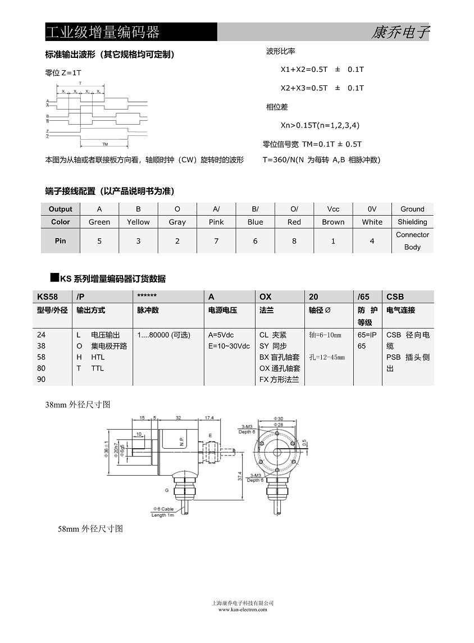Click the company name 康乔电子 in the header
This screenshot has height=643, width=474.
(400, 33)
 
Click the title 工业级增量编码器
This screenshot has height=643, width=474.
(102, 32)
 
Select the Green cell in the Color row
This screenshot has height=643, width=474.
(99, 222)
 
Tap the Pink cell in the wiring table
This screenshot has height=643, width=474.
(216, 222)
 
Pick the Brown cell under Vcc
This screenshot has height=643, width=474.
(333, 222)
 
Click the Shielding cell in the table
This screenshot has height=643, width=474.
(412, 222)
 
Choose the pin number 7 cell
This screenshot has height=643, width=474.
(216, 241)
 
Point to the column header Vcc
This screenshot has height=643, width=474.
(333, 209)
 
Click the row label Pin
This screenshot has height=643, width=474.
(61, 241)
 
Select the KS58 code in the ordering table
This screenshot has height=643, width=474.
(48, 297)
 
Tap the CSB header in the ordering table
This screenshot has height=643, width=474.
(395, 297)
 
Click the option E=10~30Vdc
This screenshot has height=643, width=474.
(229, 346)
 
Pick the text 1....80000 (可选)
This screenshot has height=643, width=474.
(163, 335)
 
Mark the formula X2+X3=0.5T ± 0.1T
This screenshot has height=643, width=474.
(322, 88)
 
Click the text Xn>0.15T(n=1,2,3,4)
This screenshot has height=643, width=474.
(320, 125)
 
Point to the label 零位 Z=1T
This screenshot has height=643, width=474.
(63, 73)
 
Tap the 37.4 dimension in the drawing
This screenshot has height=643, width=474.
(240, 476)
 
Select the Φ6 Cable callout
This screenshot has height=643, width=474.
(163, 509)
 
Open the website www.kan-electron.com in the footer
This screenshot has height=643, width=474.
(243, 609)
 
